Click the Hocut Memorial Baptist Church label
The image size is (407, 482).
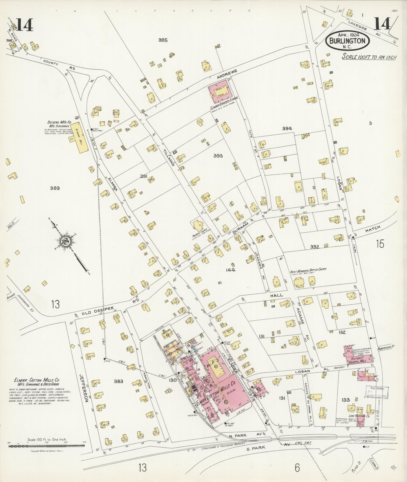tap(308, 270)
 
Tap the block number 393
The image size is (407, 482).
tap(218, 156)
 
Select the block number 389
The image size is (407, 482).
tap(55, 188)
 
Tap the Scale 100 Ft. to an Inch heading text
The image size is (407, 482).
tap(369, 57)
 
